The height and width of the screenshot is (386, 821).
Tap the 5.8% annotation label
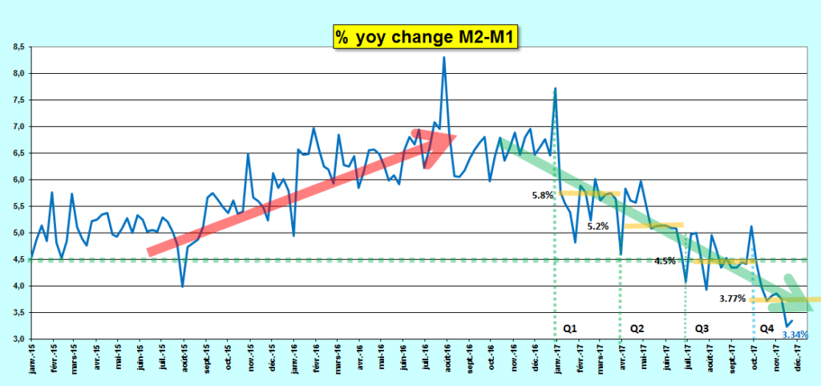pyautogui.click(x=541, y=195)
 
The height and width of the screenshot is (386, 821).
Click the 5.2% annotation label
pyautogui.click(x=598, y=226)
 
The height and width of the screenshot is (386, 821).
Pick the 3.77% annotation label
pyautogui.click(x=733, y=299)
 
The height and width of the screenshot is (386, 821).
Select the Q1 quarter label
pyautogui.click(x=570, y=328)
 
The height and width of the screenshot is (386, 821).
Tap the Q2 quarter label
pyautogui.click(x=637, y=328)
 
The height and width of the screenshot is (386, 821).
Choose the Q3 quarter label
pyautogui.click(x=702, y=328)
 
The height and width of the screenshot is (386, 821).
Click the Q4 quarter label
pyautogui.click(x=766, y=328)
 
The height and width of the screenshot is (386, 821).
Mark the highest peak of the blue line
pyautogui.click(x=443, y=58)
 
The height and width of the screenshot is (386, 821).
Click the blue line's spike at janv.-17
pyautogui.click(x=555, y=88)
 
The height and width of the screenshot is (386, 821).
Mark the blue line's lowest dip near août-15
pyautogui.click(x=183, y=286)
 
